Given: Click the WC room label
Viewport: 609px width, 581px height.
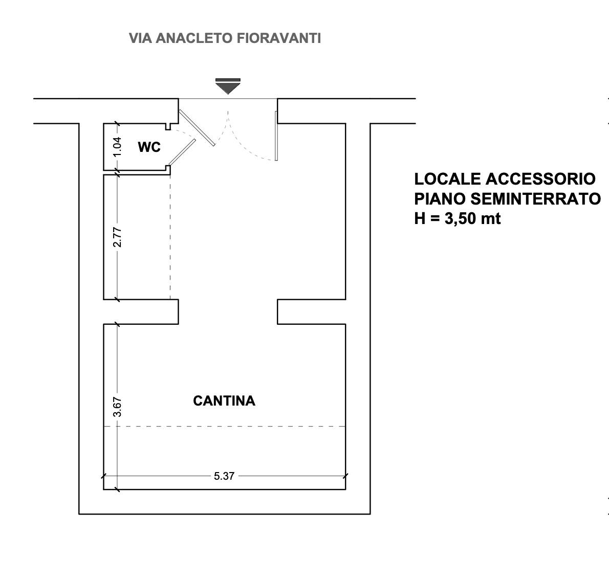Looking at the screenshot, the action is click(149, 147).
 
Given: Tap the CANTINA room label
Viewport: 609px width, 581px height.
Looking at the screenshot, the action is click(224, 401).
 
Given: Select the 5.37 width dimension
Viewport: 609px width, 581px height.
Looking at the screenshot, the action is click(224, 476).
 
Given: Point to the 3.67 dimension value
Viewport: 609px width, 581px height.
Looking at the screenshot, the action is click(117, 407).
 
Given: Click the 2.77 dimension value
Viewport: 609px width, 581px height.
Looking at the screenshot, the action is click(117, 237).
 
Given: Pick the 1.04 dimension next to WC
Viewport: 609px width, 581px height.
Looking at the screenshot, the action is click(117, 147).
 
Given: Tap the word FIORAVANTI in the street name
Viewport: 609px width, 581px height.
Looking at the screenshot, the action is click(279, 38).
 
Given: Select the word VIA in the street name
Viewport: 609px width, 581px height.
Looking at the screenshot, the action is click(141, 38).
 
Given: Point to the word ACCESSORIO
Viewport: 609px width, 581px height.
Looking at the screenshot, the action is click(540, 179).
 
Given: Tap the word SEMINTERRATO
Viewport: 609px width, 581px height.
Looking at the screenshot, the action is click(536, 199).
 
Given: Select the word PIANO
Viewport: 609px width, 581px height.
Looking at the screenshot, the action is click(440, 199).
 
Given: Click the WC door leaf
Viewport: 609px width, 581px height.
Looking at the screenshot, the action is click(182, 152).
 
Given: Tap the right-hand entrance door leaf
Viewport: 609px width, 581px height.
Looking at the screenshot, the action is click(276, 136).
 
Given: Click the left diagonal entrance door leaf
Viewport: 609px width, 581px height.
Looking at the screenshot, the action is click(197, 128).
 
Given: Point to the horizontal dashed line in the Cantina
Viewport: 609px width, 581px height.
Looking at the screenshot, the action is click(225, 426).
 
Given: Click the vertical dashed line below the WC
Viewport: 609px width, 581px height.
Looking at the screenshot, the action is click(170, 237).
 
